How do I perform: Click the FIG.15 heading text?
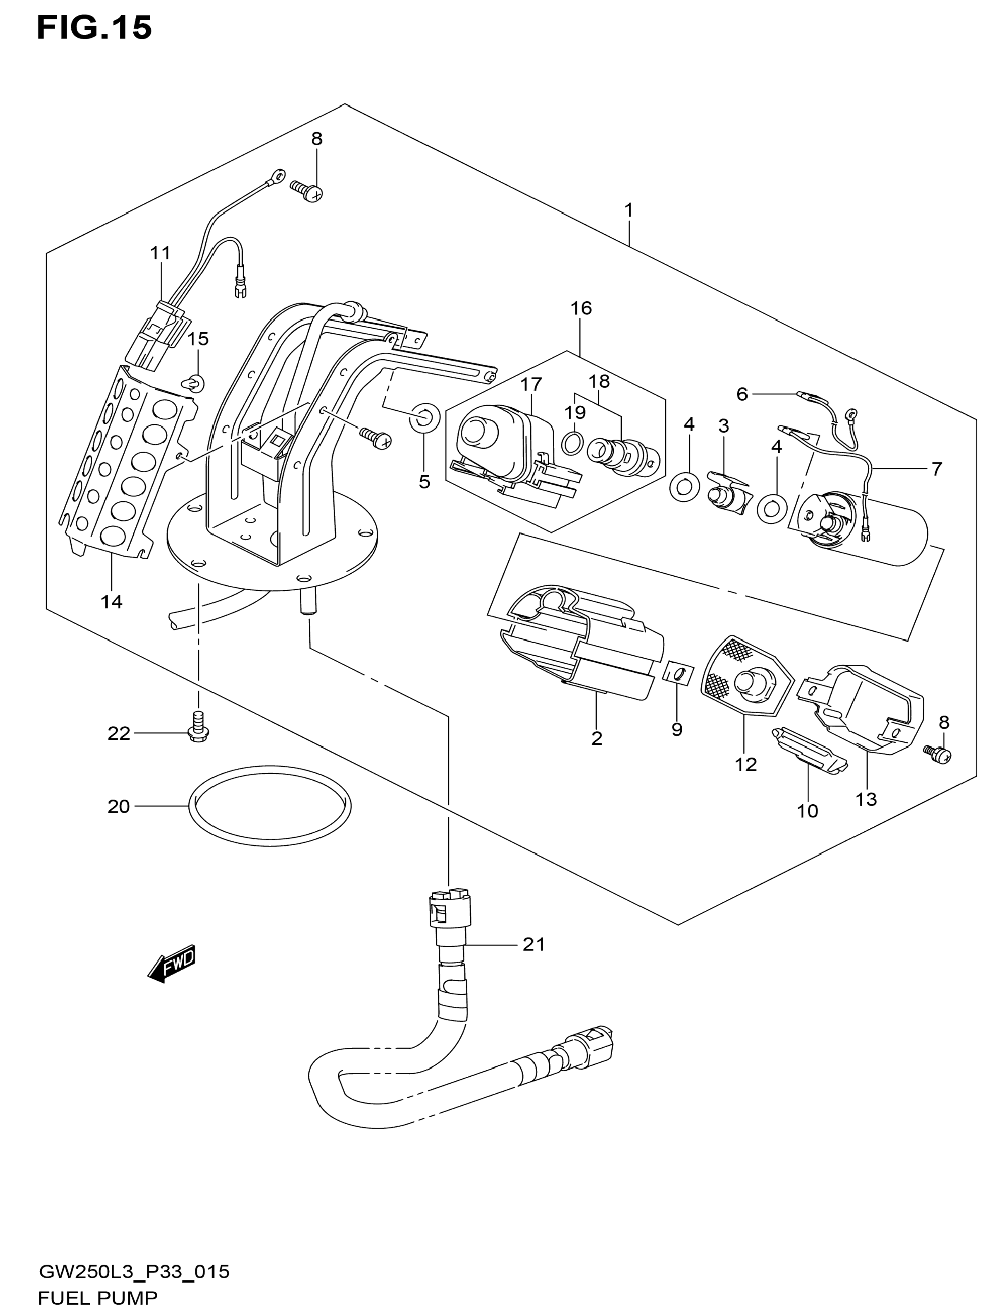coord(94,28)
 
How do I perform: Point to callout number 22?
coord(118,734)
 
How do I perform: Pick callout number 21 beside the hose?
coord(533,944)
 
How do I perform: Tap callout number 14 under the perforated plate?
coord(111,602)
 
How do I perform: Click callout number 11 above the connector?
coord(160,253)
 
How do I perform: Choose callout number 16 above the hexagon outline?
coord(581,308)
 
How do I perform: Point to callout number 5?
coord(424,482)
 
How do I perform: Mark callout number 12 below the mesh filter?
coord(746,765)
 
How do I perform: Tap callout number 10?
coord(808,811)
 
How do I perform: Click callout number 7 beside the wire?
coord(936,469)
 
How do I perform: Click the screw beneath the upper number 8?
coord(307,191)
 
